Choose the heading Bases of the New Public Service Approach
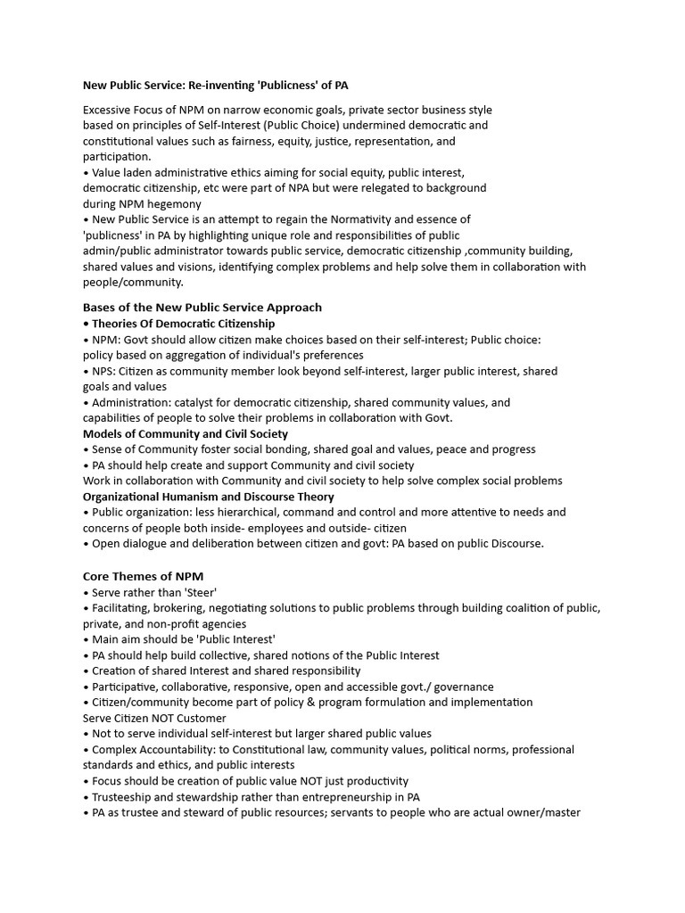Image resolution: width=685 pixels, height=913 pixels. tap(202, 307)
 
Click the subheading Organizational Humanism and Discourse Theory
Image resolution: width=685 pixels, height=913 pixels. tap(209, 496)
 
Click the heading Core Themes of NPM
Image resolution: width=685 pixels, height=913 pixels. tap(143, 576)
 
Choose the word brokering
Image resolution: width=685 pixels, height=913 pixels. tap(185, 607)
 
